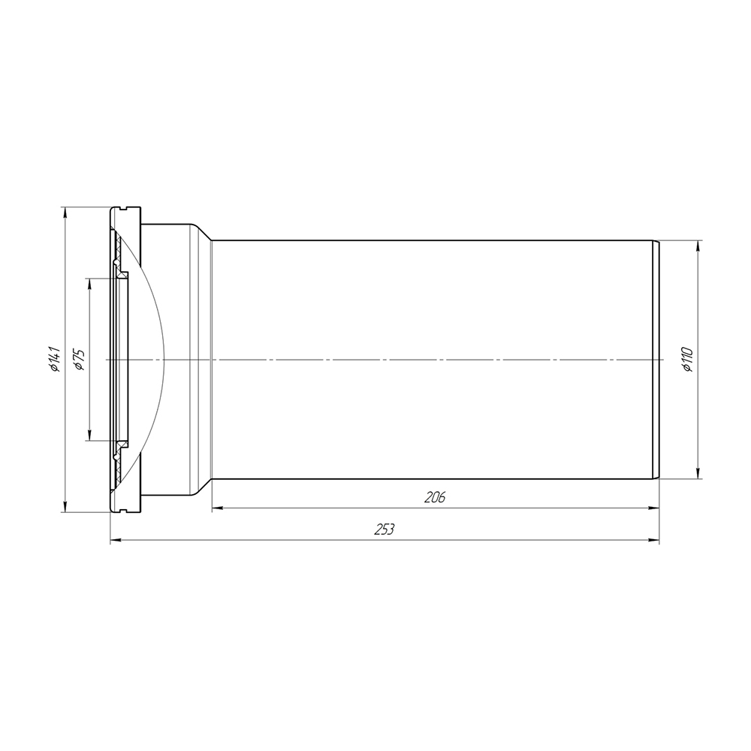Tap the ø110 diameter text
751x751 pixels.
(x=687, y=359)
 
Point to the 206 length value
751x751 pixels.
(x=435, y=498)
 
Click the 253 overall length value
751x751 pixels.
(x=385, y=529)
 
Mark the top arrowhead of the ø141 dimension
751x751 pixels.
(x=65, y=213)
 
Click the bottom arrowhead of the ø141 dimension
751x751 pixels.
(x=65, y=506)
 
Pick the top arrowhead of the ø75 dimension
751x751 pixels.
(x=89, y=284)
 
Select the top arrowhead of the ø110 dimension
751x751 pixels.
(x=698, y=246)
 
